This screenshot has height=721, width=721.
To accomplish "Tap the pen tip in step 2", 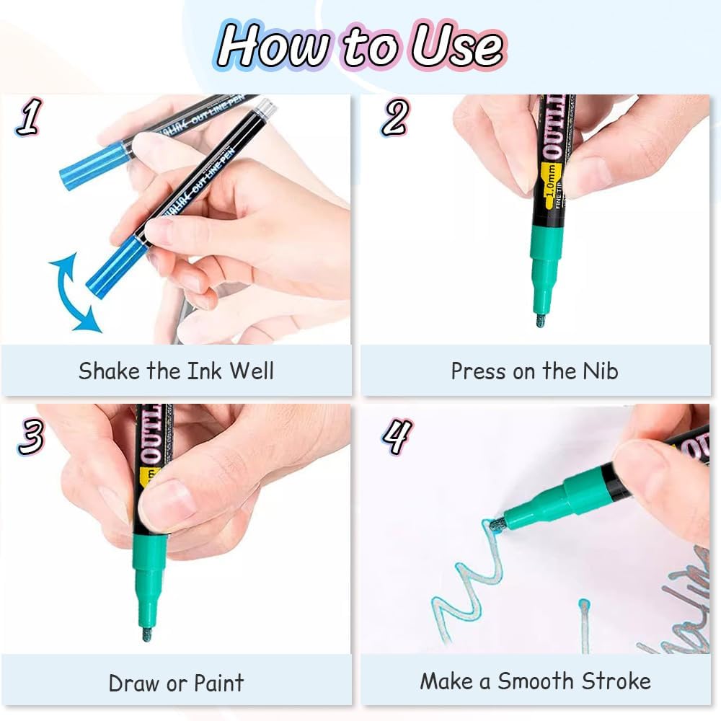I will tap(541, 319).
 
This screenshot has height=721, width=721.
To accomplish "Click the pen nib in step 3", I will tap(146, 634).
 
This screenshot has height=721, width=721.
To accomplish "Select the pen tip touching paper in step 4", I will tap(497, 525).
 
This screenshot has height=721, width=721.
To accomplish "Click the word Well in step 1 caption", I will tap(252, 371).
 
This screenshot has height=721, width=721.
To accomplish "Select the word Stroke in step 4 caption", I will tap(617, 681).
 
